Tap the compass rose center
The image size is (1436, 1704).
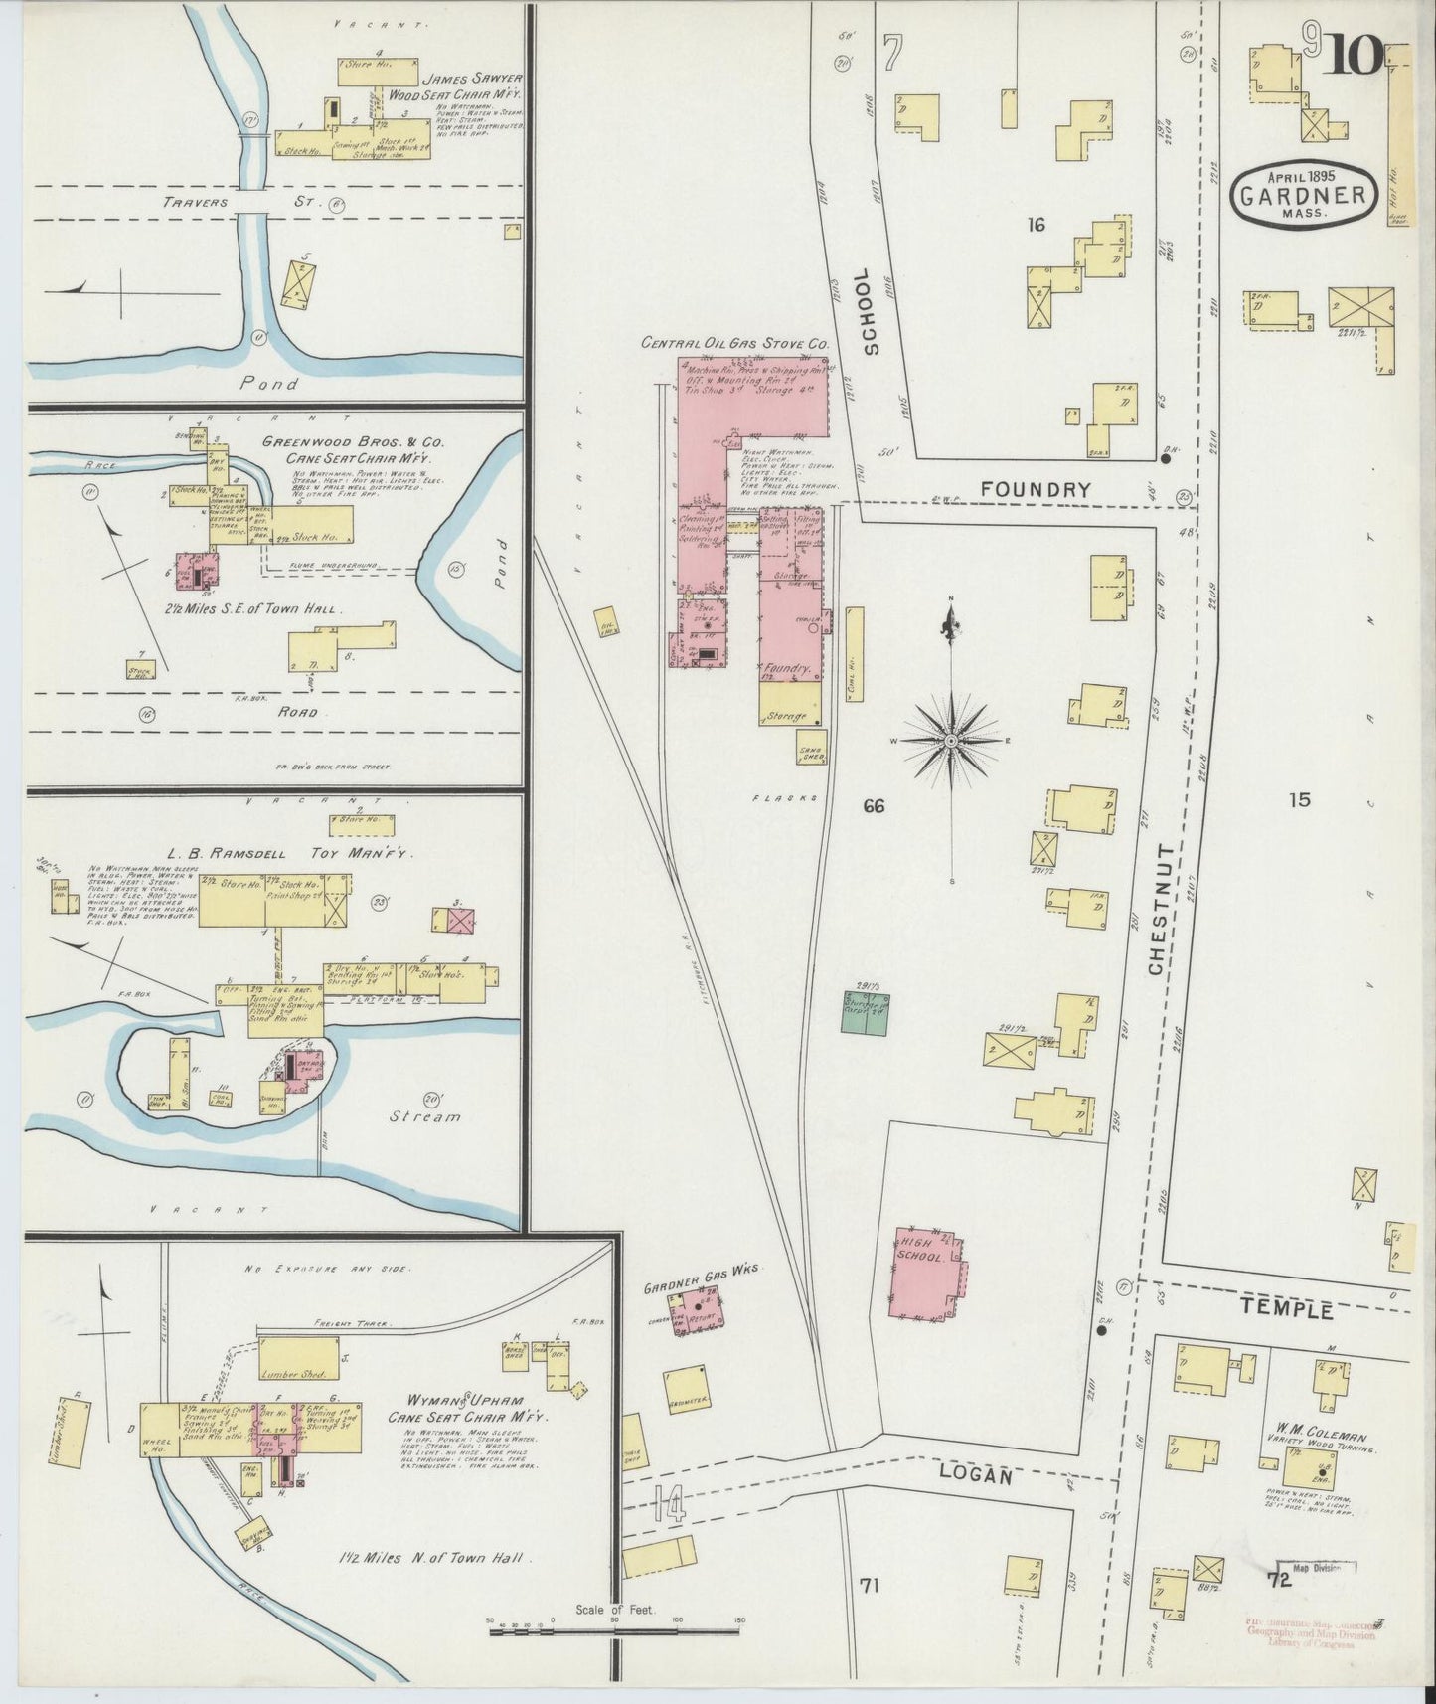tap(951, 742)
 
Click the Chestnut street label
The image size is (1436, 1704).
tap(1159, 909)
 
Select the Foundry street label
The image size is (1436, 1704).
tap(1035, 489)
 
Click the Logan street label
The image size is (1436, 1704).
tap(978, 1476)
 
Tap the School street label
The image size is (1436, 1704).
tap(872, 312)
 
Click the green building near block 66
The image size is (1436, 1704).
tap(865, 1013)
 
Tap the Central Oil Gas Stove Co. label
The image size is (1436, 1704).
tap(734, 343)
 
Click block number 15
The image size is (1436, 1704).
tap(1300, 799)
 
